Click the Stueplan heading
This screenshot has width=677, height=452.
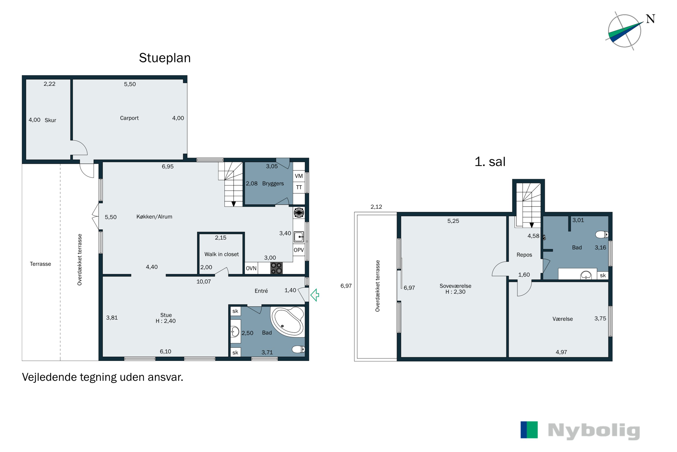coord(165,58)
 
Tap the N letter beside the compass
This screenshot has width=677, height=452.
coord(651,19)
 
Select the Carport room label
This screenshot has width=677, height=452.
coord(129,118)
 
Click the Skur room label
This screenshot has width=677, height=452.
coord(50,120)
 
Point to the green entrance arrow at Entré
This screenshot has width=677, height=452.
coord(315,295)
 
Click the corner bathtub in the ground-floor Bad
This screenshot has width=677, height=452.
coord(287,321)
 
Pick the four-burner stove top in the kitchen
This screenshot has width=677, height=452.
coord(276,268)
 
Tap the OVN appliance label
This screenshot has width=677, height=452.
coord(251,268)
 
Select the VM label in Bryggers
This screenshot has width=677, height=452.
coord(299,176)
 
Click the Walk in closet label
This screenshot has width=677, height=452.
coord(222,254)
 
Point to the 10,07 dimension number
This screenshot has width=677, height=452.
coord(204,282)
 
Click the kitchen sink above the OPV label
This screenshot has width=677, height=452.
coord(299,237)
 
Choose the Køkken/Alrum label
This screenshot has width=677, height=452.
coord(154,217)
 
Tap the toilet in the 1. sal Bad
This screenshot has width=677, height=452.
coord(602,234)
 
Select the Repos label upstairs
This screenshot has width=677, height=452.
coord(524,255)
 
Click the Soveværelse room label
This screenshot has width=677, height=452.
coord(455,286)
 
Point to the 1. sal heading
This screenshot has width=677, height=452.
coord(490,162)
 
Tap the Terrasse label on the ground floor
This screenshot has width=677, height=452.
coord(40,264)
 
